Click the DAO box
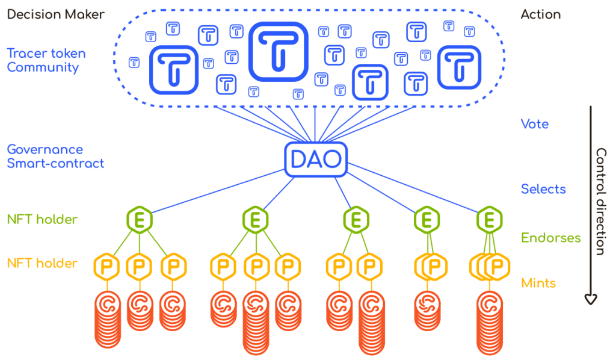[x=316, y=159]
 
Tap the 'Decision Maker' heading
[x=55, y=14]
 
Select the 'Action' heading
[x=541, y=14]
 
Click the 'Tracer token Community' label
[x=46, y=60]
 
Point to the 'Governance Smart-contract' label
[x=55, y=156]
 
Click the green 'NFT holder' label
[x=42, y=220]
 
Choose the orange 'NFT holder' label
[x=42, y=263]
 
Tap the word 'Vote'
[x=534, y=125]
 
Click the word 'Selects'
[x=543, y=189]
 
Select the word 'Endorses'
[x=550, y=238]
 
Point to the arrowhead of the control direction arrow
[x=592, y=297]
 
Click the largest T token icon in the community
[x=278, y=51]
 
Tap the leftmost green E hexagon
[x=140, y=219]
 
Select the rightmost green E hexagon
[x=490, y=219]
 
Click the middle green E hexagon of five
[x=356, y=219]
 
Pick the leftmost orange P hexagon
[x=106, y=265]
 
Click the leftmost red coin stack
[x=108, y=319]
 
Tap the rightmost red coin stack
[x=491, y=322]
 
